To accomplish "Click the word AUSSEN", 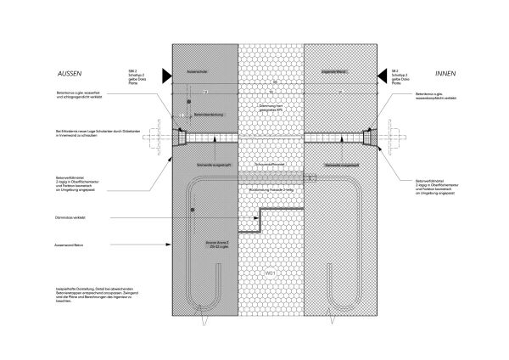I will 71,73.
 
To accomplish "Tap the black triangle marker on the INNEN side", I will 394,75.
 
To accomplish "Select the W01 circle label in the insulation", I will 271,273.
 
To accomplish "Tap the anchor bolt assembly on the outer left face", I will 162,137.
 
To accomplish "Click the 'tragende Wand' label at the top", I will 336,71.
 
